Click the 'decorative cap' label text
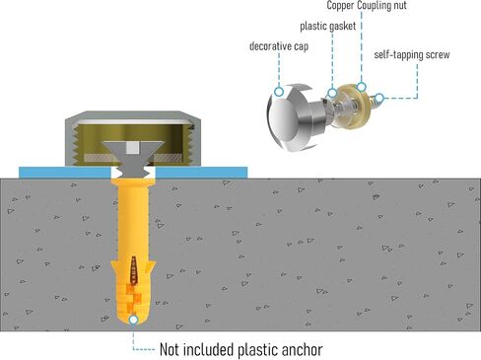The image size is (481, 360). click(x=279, y=46)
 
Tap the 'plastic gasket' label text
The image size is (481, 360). click(x=328, y=26)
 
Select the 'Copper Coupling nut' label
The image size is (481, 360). click(x=367, y=6)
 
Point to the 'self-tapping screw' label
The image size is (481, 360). click(x=412, y=54)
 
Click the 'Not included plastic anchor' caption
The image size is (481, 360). click(x=240, y=349)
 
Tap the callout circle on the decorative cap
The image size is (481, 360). click(x=279, y=92)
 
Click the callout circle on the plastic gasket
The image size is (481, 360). click(x=332, y=93)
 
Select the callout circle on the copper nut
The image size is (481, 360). click(x=362, y=87)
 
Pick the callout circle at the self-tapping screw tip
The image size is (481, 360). click(x=379, y=98)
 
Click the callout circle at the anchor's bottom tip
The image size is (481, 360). click(x=133, y=320)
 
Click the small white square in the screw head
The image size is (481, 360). click(x=132, y=148)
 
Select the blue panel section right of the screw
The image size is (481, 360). click(x=201, y=173)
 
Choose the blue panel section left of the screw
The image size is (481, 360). click(x=65, y=173)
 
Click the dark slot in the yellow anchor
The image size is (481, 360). click(x=133, y=270)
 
